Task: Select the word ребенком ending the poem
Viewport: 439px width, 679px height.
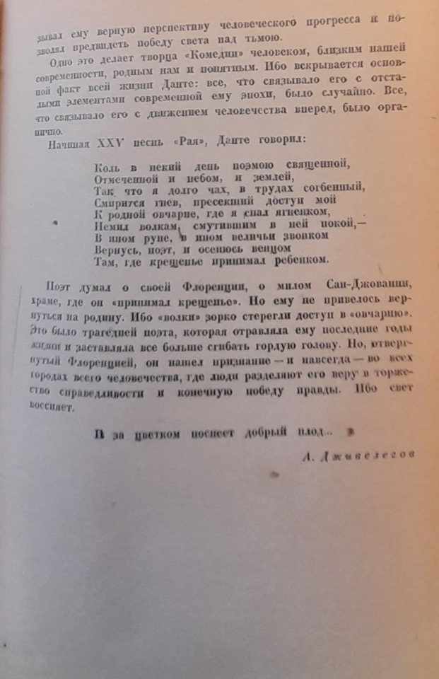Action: click(301, 260)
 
